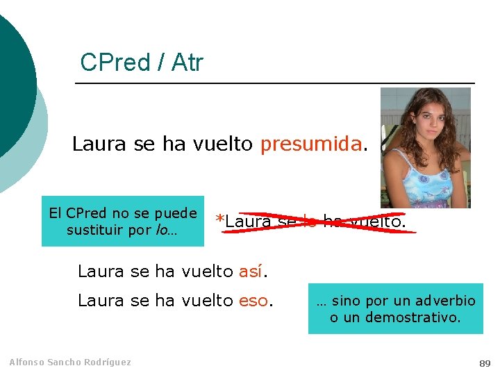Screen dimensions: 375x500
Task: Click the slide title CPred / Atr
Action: click(x=142, y=62)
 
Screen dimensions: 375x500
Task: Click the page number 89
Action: click(x=484, y=363)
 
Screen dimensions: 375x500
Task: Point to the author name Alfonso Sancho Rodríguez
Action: click(x=69, y=362)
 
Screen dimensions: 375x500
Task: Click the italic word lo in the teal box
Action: click(x=162, y=230)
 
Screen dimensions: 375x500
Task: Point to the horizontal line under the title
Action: click(x=274, y=83)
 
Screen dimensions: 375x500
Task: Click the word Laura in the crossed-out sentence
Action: click(x=249, y=222)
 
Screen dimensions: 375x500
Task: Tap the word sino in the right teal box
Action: click(x=347, y=301)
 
